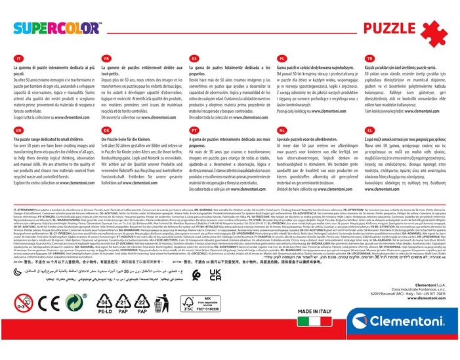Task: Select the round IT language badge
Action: (19, 58)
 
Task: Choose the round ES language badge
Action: (194, 58)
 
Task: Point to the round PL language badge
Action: (282, 58)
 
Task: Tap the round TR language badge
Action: (369, 58)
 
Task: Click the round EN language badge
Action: (19, 130)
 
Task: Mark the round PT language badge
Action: (194, 130)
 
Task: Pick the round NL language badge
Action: (282, 130)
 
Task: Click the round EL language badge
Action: (369, 130)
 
